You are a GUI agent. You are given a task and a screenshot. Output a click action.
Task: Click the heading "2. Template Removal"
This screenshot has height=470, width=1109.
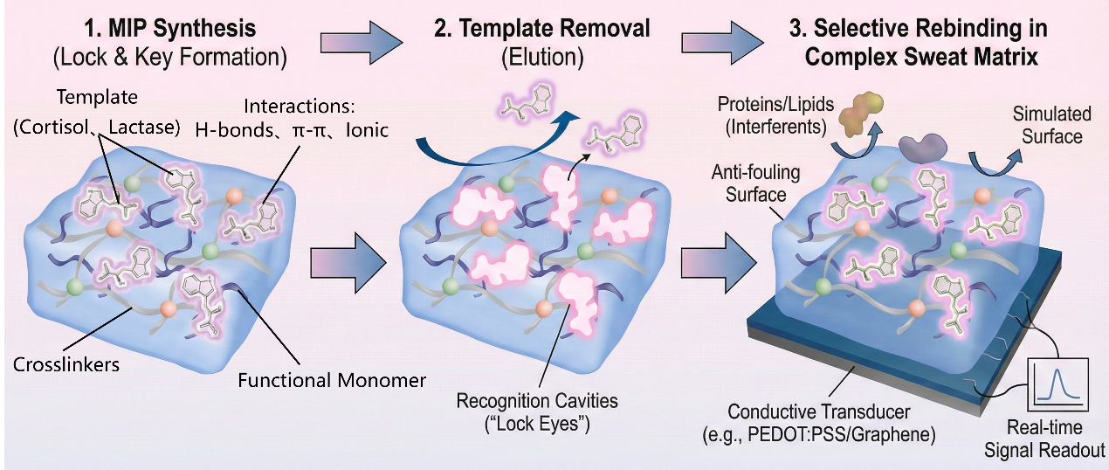[541, 28]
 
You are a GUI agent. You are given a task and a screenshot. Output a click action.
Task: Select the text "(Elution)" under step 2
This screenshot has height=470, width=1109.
[541, 58]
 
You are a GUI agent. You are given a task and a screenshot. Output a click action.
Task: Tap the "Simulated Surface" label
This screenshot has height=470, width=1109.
[1051, 125]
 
